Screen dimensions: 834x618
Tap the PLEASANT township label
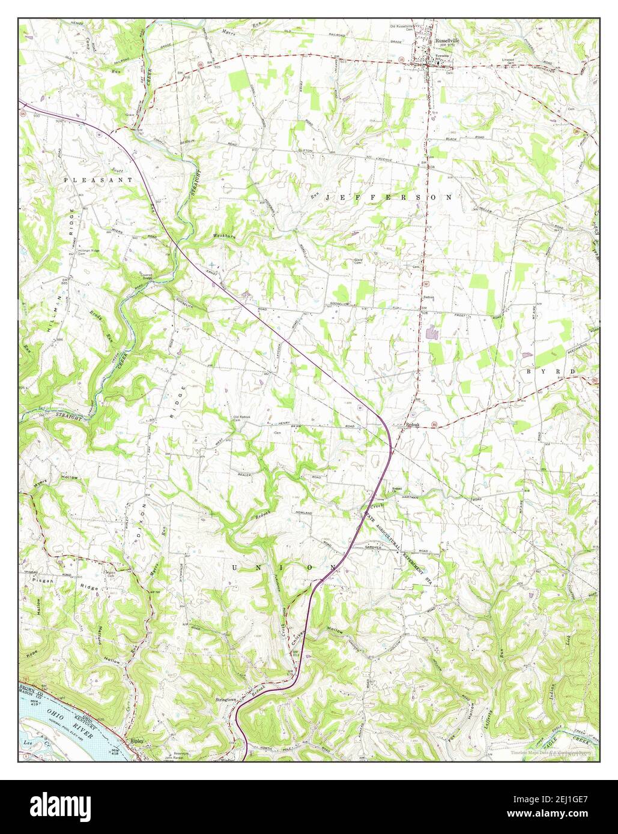98,179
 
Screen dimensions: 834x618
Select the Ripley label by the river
138,741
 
